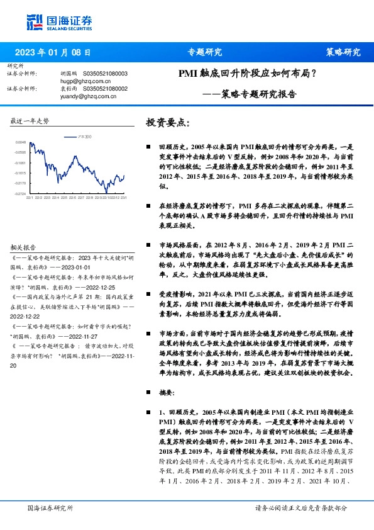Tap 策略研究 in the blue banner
(343, 52)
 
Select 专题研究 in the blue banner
(205, 52)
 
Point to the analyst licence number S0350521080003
(104, 74)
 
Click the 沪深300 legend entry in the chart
(85, 137)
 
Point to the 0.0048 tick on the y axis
(21, 143)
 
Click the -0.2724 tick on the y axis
(21, 193)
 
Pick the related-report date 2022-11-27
(93, 336)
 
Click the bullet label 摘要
(167, 391)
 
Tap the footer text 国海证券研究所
(51, 507)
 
